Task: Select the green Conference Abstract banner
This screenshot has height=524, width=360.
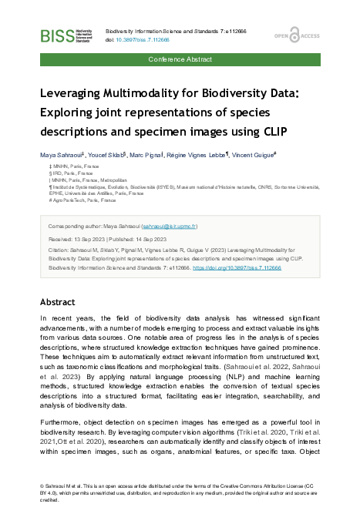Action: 180,59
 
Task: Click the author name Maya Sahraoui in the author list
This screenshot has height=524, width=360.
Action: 64,154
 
